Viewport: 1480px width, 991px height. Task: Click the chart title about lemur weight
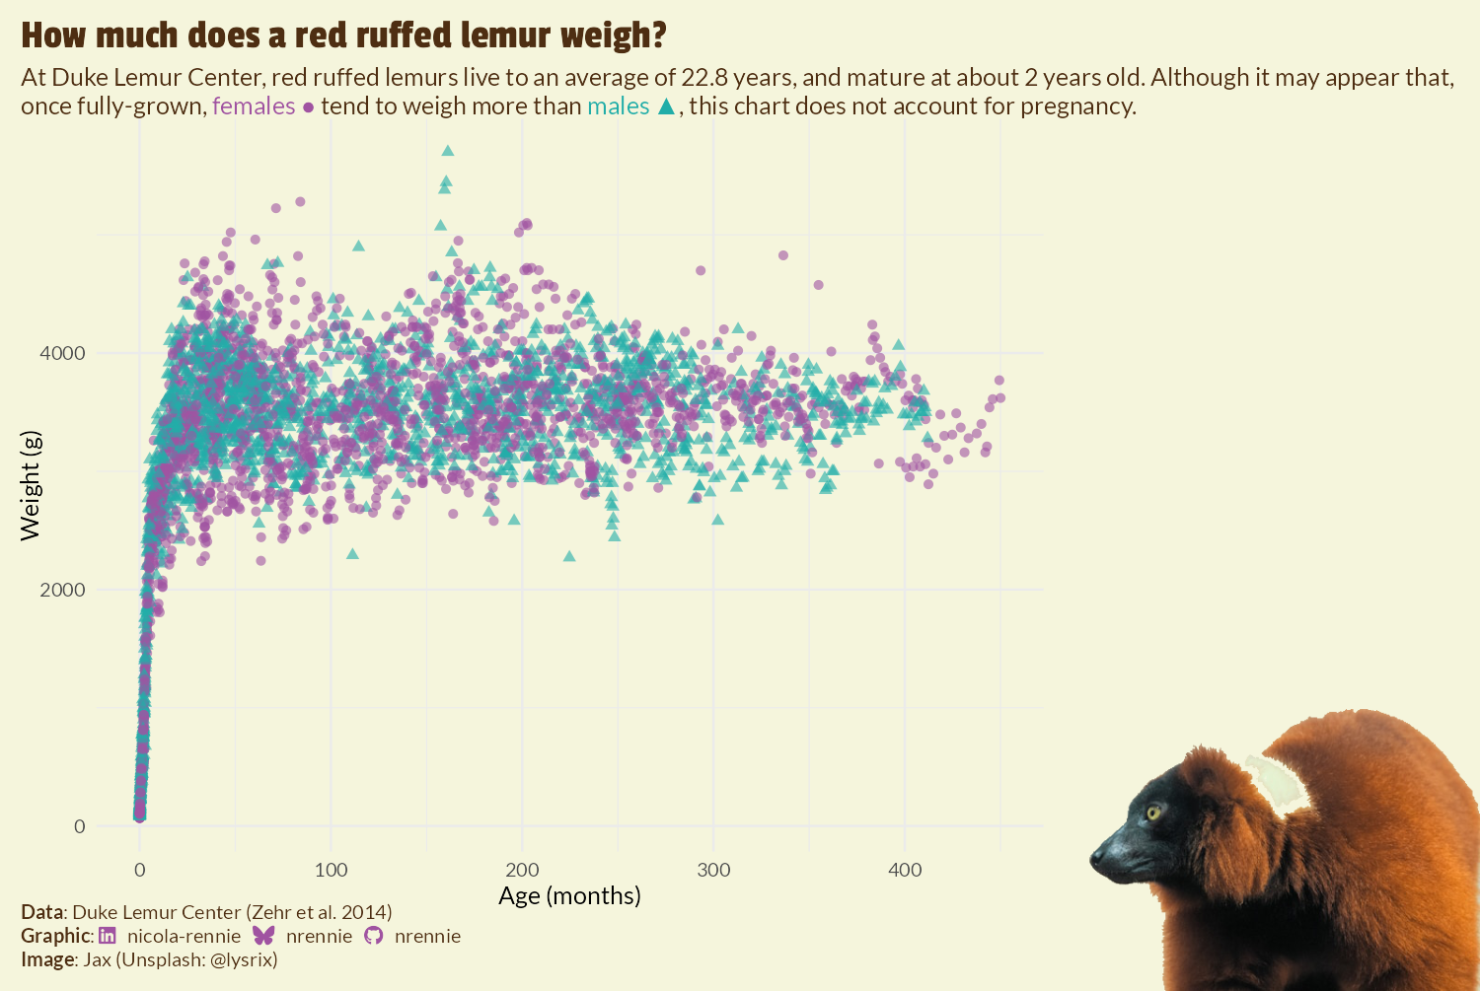(x=343, y=35)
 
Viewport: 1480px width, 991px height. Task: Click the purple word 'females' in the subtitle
(x=254, y=106)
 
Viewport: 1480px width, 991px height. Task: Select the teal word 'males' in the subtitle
(x=619, y=106)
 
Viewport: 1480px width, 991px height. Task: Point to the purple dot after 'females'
(x=308, y=107)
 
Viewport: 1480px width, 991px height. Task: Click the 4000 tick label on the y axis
(x=62, y=353)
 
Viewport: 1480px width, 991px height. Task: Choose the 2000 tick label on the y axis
(x=62, y=590)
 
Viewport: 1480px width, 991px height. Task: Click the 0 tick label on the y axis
(x=80, y=826)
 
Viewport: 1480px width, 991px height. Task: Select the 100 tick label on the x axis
(x=331, y=870)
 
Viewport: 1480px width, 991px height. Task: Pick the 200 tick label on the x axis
(x=522, y=870)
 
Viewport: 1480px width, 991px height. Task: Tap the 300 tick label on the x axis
(x=713, y=870)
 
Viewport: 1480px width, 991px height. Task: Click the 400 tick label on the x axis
(x=905, y=870)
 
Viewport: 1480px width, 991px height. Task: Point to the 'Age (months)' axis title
(x=569, y=895)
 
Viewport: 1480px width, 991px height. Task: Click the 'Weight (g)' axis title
(x=31, y=485)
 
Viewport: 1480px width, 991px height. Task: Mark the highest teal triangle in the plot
(x=448, y=150)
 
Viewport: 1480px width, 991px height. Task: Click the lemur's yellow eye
(x=1152, y=812)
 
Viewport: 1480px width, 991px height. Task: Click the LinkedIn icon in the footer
(x=108, y=936)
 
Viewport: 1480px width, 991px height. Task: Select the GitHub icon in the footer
(x=373, y=936)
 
